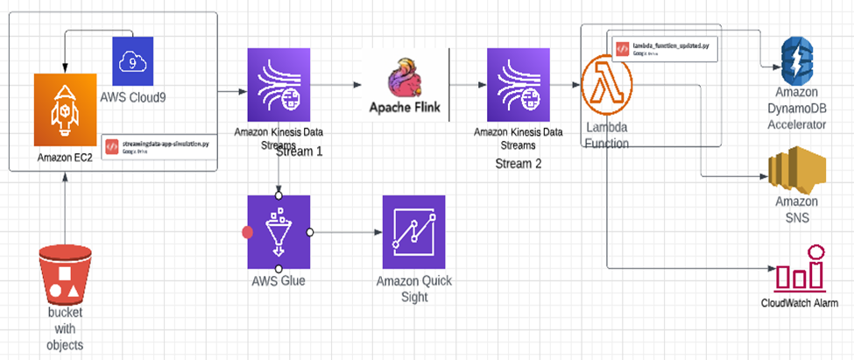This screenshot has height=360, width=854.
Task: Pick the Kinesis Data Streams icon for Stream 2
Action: tap(517, 86)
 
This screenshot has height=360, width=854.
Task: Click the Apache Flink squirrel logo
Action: tap(406, 74)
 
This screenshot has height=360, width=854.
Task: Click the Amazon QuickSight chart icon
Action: tap(413, 232)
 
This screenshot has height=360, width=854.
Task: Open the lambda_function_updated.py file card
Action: tap(664, 48)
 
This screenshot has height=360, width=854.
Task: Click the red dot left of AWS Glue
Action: tap(247, 233)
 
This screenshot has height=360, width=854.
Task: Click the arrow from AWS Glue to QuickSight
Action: tap(346, 233)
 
